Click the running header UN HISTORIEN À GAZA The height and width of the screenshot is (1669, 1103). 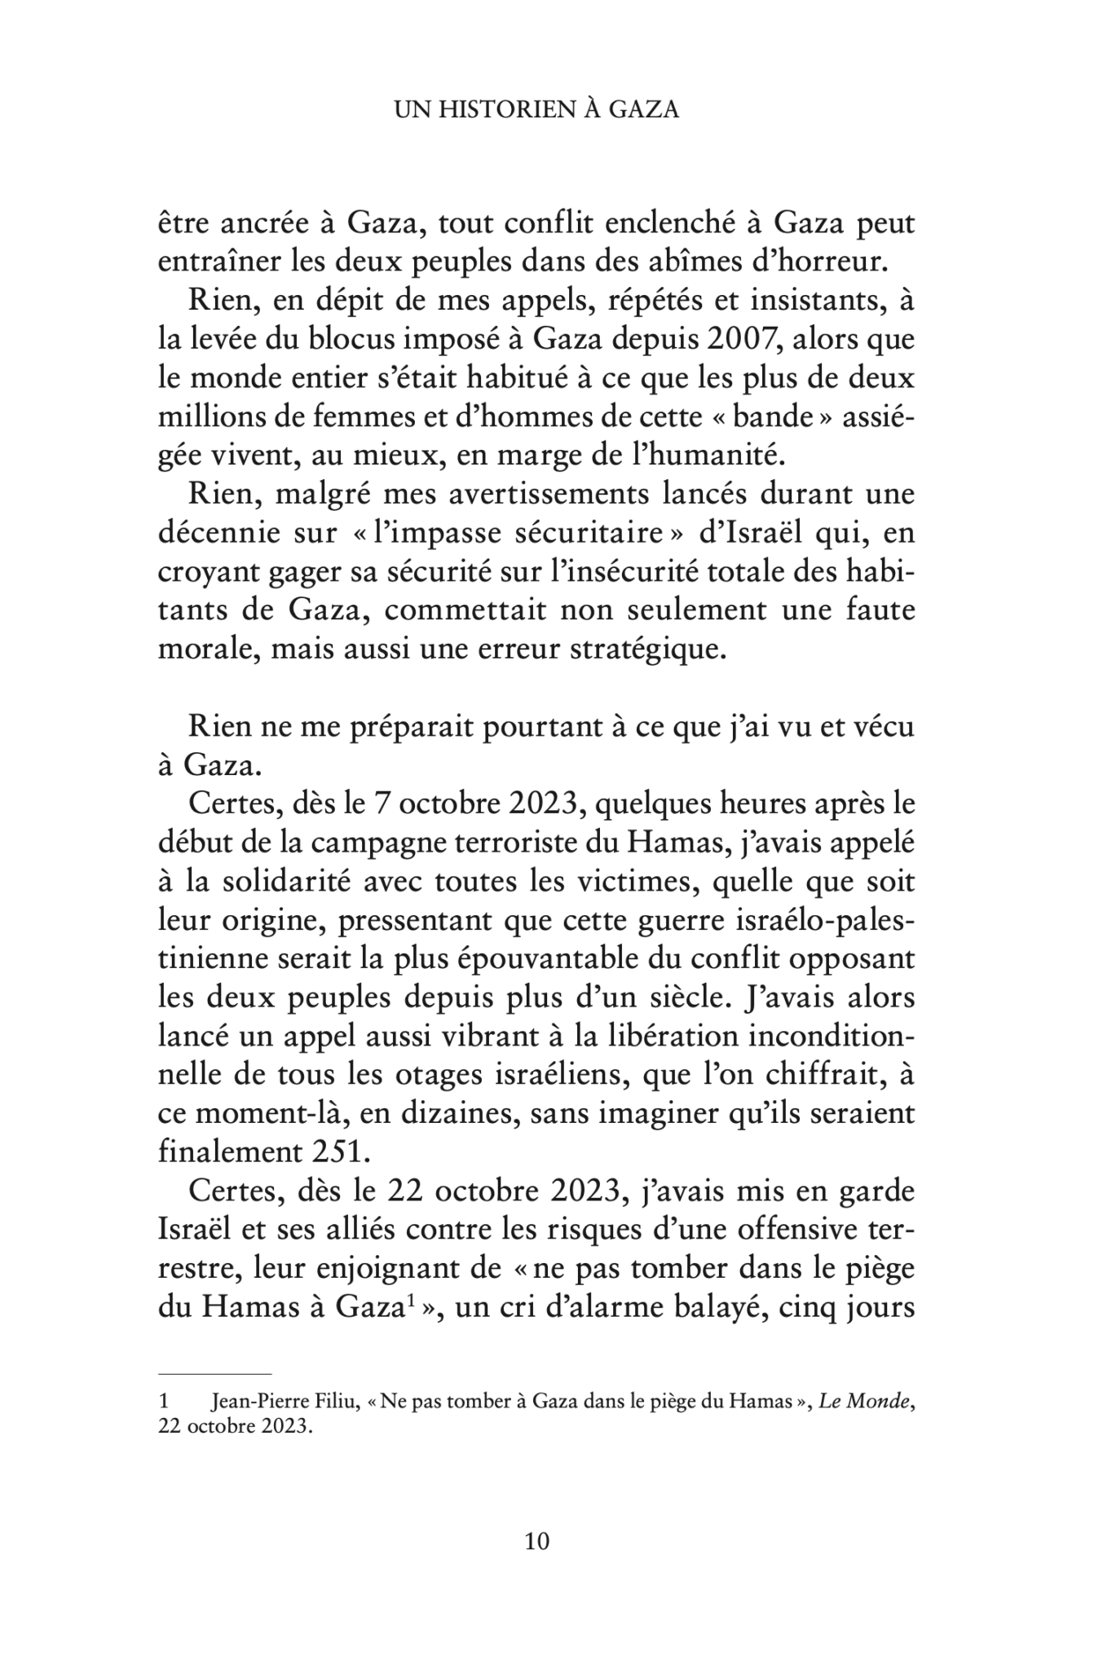coord(536,110)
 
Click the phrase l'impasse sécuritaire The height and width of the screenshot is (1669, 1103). coord(528,534)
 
